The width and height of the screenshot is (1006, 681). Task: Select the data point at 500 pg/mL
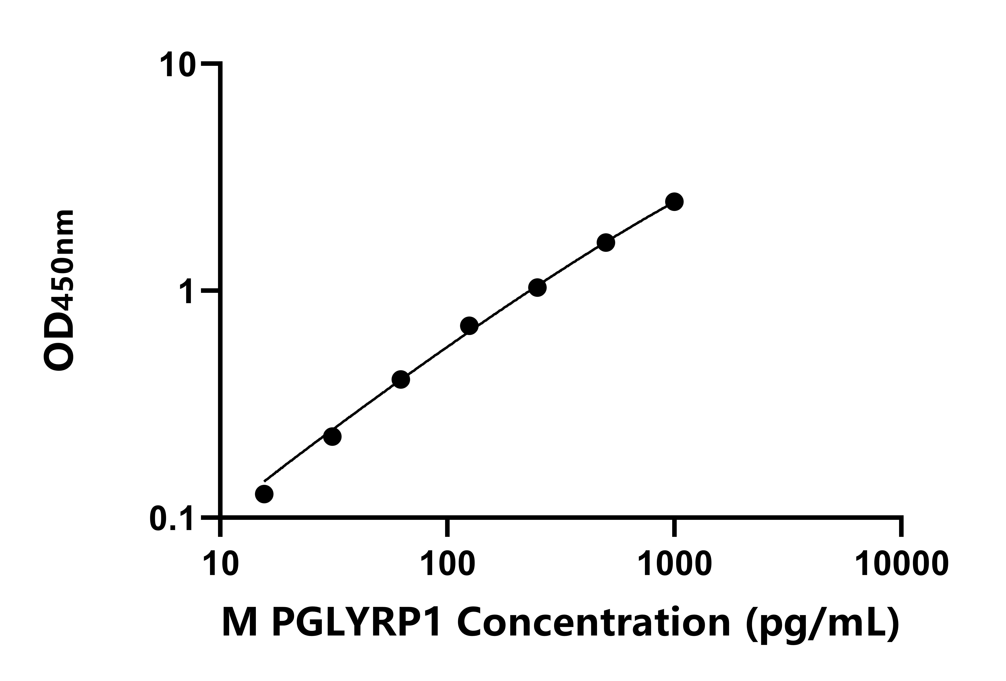(606, 243)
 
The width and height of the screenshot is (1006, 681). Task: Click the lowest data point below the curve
(264, 494)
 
